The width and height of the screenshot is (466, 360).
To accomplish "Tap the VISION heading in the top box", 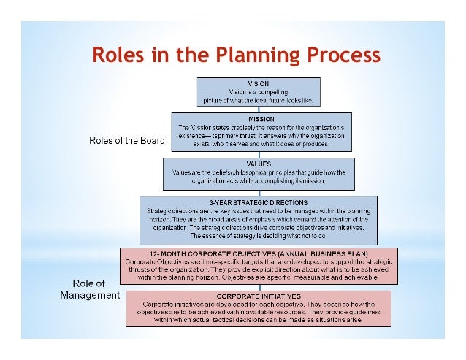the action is coord(259,83).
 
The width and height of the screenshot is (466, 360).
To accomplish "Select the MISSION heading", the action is coord(261,118).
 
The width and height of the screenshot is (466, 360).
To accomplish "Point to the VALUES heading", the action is coord(259,164).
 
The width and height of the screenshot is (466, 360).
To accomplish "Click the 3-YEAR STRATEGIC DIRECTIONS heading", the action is coord(258,202).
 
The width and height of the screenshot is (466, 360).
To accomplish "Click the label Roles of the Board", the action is coord(127,140).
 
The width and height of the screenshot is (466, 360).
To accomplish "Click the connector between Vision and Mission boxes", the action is coord(258,109).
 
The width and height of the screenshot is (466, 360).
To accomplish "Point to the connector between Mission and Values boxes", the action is coord(258,153).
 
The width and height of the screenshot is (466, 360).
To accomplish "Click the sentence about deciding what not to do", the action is coord(258,236).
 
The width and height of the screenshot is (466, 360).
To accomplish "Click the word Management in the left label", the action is coord(91,296).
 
